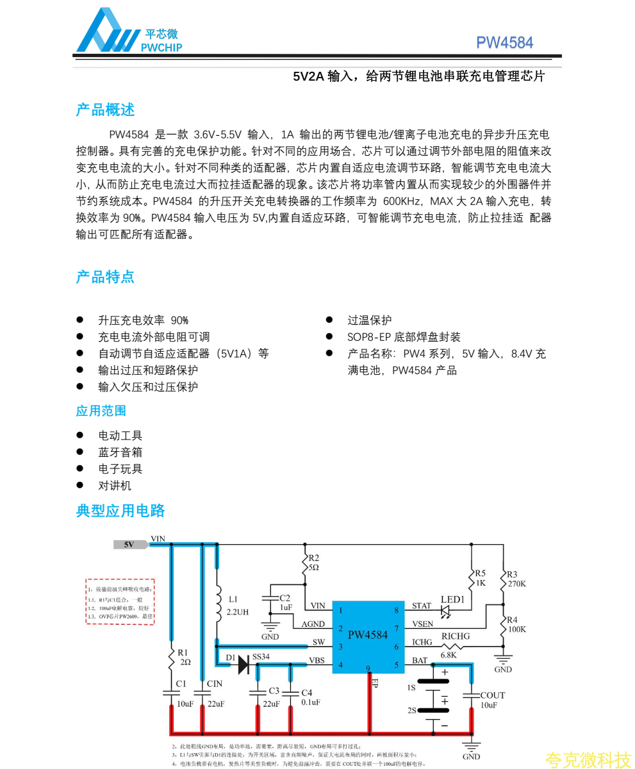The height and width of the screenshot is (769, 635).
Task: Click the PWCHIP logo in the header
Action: tap(128, 32)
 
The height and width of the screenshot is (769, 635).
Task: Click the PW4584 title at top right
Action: tap(504, 43)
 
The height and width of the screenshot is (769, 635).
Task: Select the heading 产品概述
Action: tap(105, 110)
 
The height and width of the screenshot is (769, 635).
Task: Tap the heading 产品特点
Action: tap(105, 277)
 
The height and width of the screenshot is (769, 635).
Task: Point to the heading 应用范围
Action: tap(101, 411)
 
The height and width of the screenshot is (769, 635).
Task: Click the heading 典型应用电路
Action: tap(120, 511)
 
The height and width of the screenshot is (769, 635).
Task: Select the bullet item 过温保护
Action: tap(369, 320)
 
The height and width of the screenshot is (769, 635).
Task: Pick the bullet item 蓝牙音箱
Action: tap(120, 452)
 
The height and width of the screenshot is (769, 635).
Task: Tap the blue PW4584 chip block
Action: tap(368, 636)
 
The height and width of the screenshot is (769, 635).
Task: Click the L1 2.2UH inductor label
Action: tap(238, 606)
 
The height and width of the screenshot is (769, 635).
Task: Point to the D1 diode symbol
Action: tap(243, 665)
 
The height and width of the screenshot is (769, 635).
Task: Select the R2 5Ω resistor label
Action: tap(313, 563)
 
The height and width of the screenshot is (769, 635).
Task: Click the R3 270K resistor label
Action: tap(515, 579)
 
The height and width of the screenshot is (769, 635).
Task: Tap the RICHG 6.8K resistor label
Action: tap(455, 645)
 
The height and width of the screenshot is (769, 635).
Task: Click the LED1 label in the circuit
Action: tap(452, 600)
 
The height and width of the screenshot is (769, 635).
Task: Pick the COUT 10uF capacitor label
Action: tap(492, 700)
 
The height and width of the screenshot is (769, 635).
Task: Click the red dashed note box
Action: tap(120, 602)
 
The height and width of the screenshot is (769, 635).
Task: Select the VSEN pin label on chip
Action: tap(422, 624)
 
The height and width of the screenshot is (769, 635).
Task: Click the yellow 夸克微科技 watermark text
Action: tap(588, 759)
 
